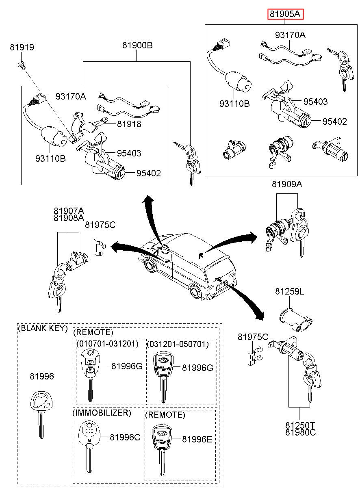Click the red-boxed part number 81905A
(285, 15)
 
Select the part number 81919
(22, 48)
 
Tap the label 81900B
(137, 46)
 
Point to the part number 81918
(129, 124)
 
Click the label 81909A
(287, 184)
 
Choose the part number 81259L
(289, 291)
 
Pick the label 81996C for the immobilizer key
(125, 437)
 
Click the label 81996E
(197, 439)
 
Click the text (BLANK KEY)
(43, 328)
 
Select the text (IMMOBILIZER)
(102, 413)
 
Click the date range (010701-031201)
(107, 344)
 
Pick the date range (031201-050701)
(178, 344)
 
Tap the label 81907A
(69, 211)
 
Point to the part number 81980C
(300, 432)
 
